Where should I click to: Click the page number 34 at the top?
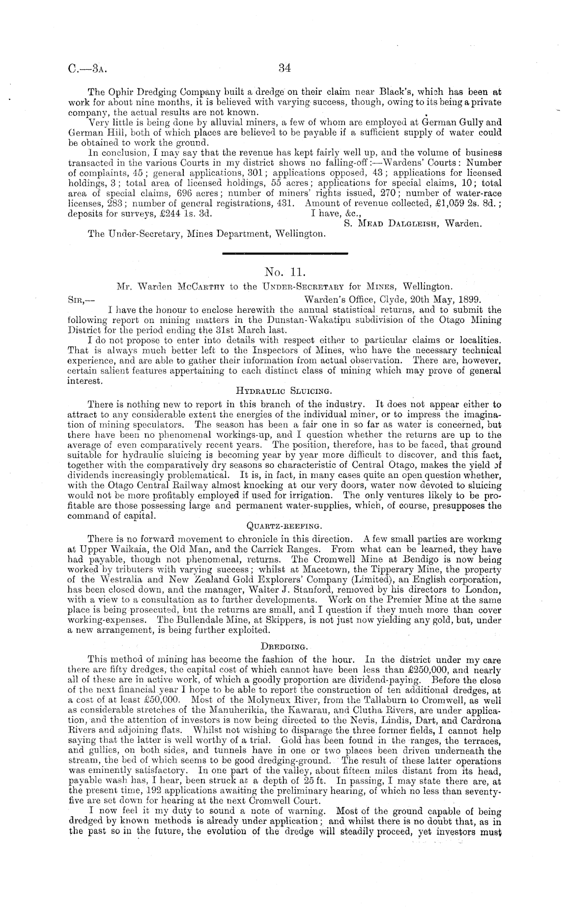284,68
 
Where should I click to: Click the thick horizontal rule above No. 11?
286,253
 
